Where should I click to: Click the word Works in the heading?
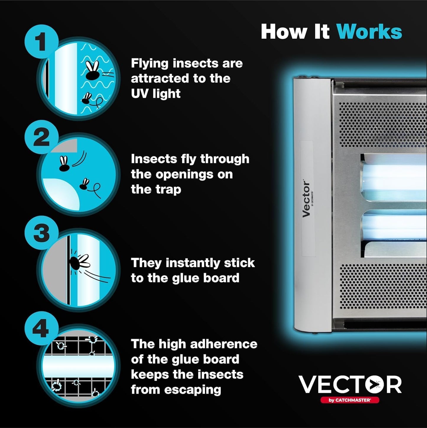(x=369, y=31)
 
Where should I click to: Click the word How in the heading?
(x=283, y=31)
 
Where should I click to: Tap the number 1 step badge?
(x=41, y=41)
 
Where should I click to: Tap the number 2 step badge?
(x=41, y=137)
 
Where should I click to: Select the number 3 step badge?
(x=41, y=233)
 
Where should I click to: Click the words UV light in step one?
(x=155, y=94)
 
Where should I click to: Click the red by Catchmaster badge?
(x=350, y=400)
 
